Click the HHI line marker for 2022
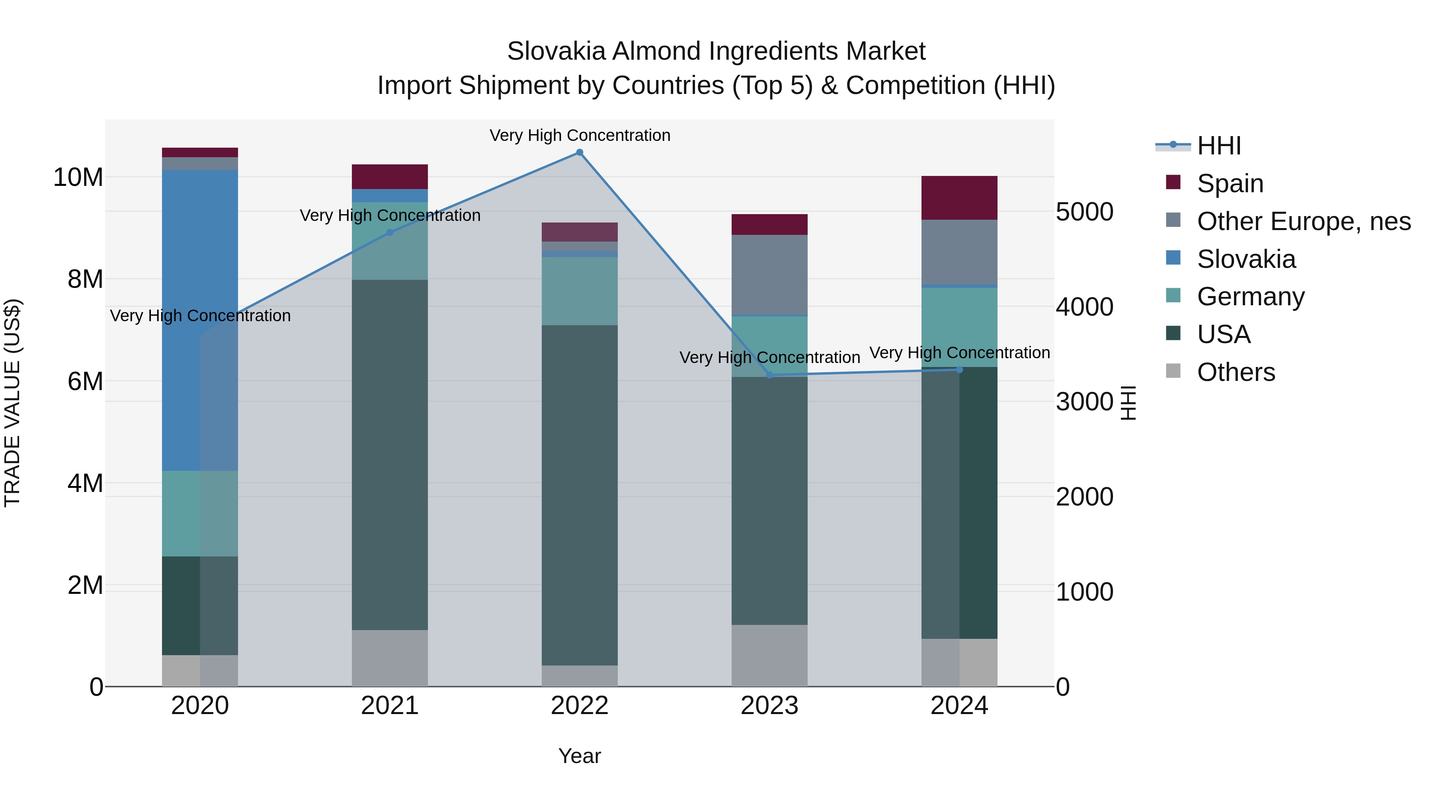click(x=580, y=152)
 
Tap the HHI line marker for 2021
click(x=390, y=232)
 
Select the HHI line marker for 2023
click(x=770, y=375)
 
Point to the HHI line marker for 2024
click(x=960, y=370)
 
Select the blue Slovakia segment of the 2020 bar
click(x=200, y=320)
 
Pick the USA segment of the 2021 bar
click(x=390, y=455)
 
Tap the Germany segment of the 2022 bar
click(x=580, y=291)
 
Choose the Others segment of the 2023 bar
click(x=770, y=656)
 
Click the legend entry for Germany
click(x=1251, y=297)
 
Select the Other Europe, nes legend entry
click(x=1303, y=221)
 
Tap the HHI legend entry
click(x=1218, y=146)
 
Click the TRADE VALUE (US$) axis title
click(x=12, y=403)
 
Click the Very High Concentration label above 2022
click(x=580, y=136)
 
